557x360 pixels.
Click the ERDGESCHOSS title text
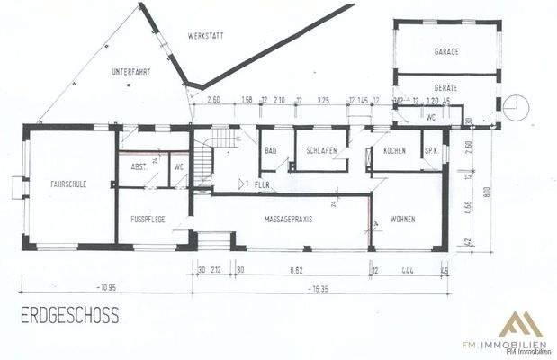[67, 316]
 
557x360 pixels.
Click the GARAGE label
[446, 51]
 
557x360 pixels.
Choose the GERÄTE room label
[446, 86]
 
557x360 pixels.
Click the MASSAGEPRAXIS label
[288, 219]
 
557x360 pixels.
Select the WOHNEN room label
[402, 219]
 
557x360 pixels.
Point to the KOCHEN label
[393, 150]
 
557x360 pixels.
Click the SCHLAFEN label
[321, 150]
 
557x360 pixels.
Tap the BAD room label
[270, 150]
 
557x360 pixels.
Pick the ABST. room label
[139, 167]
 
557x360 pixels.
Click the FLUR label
[263, 184]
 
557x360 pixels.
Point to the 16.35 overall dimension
[319, 290]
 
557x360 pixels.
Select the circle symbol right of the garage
[517, 106]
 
